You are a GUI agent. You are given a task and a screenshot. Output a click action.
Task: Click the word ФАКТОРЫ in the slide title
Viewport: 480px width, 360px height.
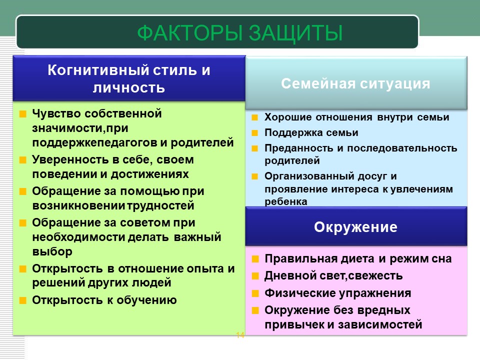point(190,33)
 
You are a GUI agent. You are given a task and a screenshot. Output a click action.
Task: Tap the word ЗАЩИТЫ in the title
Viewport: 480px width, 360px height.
point(295,33)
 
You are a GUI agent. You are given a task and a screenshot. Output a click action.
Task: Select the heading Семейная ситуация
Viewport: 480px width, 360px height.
point(355,83)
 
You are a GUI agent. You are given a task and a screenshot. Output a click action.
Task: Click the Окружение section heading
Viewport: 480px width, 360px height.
point(355,227)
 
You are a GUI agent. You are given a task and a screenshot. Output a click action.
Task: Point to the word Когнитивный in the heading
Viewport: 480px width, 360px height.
point(98,70)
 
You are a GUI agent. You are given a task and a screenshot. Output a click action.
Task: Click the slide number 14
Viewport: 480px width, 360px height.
point(240,335)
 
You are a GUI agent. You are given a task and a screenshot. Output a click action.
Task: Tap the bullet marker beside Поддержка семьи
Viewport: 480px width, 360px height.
point(254,133)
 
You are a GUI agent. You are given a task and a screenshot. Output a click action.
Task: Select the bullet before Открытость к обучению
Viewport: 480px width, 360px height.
point(23,300)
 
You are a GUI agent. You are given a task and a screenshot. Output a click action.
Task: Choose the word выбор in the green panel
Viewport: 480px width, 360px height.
point(52,251)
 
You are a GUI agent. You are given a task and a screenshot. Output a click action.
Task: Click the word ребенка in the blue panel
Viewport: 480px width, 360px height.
point(286,201)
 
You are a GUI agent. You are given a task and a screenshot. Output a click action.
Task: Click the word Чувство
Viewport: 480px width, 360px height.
point(56,113)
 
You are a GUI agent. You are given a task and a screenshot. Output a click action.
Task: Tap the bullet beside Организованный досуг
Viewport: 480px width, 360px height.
point(254,176)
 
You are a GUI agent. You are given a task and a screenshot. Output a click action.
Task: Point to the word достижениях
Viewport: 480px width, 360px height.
point(149,174)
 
